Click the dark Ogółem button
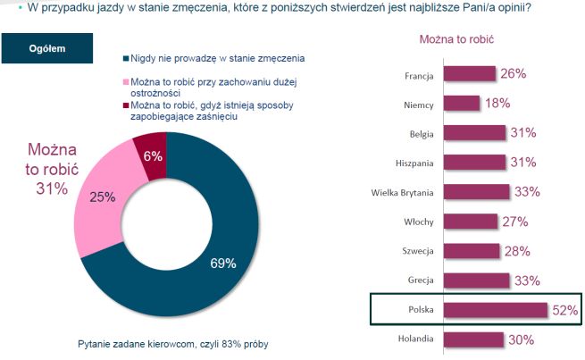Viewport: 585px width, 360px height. pyautogui.click(x=46, y=48)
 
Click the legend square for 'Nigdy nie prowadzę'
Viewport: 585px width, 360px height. pyautogui.click(x=124, y=58)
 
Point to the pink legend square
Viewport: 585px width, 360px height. pyautogui.click(x=124, y=81)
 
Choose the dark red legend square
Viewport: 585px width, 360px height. pyautogui.click(x=124, y=105)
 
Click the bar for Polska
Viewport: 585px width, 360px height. pyautogui.click(x=494, y=310)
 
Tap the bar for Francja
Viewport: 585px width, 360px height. pyautogui.click(x=468, y=74)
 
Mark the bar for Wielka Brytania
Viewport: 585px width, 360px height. pyautogui.click(x=476, y=192)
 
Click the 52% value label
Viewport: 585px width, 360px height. pyautogui.click(x=564, y=310)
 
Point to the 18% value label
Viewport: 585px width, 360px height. pyautogui.click(x=497, y=104)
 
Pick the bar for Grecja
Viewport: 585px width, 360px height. pyautogui.click(x=476, y=280)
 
